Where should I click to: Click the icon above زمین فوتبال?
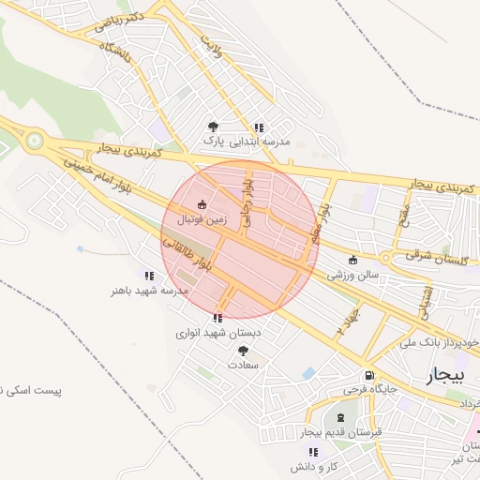coord(201,203)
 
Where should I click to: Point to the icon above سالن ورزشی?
coord(352,261)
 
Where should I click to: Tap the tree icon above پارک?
coord(214,126)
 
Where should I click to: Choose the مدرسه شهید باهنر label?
coord(149,292)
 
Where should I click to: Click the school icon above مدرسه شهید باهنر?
coord(149,276)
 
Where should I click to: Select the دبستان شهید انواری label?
coord(217,333)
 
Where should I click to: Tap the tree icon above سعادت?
coord(243,350)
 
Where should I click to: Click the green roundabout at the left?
coord(36,142)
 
